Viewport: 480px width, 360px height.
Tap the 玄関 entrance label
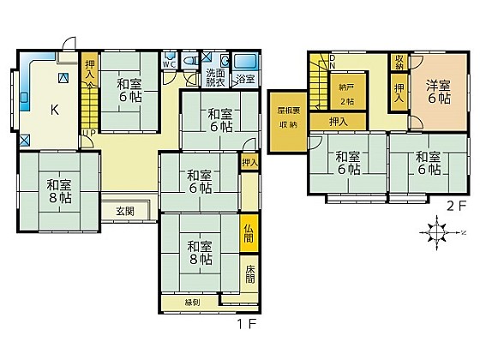pos(113,211)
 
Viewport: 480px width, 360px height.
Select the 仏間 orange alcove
pos(248,232)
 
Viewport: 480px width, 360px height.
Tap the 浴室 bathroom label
pos(245,79)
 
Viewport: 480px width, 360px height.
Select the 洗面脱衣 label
pos(215,78)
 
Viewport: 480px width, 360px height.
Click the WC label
pos(169,63)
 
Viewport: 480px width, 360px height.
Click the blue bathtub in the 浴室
pos(246,62)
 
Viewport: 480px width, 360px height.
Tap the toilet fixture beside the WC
pos(166,75)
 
